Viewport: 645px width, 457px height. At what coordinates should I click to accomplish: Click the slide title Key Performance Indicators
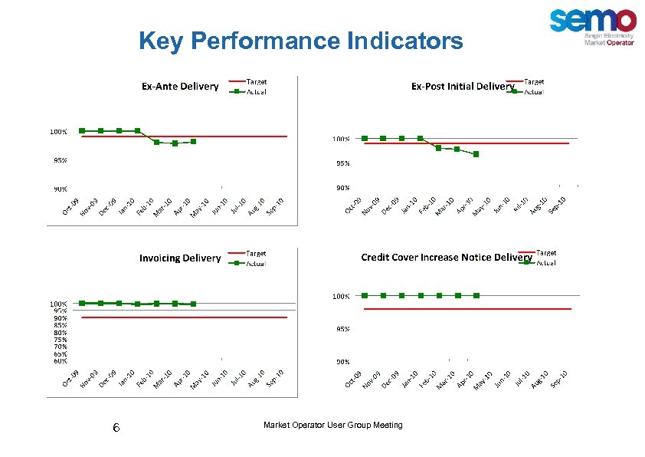[x=301, y=41]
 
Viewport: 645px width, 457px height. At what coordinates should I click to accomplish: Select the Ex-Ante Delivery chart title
[x=180, y=86]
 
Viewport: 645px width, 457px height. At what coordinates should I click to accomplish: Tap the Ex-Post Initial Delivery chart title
[x=462, y=86]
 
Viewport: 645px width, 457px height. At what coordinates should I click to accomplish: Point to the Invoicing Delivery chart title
[x=179, y=258]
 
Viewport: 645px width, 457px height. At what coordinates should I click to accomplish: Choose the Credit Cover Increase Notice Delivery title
[x=446, y=257]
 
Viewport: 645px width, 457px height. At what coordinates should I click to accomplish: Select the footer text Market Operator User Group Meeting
[x=332, y=425]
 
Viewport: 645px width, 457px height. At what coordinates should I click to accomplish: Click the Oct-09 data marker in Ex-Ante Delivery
[x=82, y=131]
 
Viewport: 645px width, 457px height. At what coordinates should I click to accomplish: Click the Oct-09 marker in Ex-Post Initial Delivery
[x=364, y=139]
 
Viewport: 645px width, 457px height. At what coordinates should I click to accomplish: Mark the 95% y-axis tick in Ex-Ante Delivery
[x=59, y=160]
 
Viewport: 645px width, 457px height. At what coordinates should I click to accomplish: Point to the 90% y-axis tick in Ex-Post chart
[x=341, y=187]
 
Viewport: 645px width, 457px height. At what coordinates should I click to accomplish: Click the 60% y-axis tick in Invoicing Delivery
[x=60, y=360]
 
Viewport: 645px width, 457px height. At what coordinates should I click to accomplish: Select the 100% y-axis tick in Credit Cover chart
[x=341, y=295]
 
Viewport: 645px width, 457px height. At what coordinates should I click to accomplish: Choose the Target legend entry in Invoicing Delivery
[x=257, y=252]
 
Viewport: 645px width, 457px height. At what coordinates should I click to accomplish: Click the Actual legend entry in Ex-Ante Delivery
[x=257, y=91]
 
